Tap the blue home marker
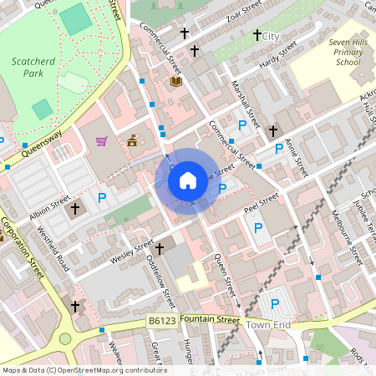pyautogui.click(x=188, y=180)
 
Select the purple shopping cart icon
pyautogui.click(x=102, y=141)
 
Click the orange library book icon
pyautogui.click(x=175, y=81)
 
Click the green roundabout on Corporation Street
pyautogui.click(x=65, y=339)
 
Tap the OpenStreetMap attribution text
pyautogui.click(x=84, y=370)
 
